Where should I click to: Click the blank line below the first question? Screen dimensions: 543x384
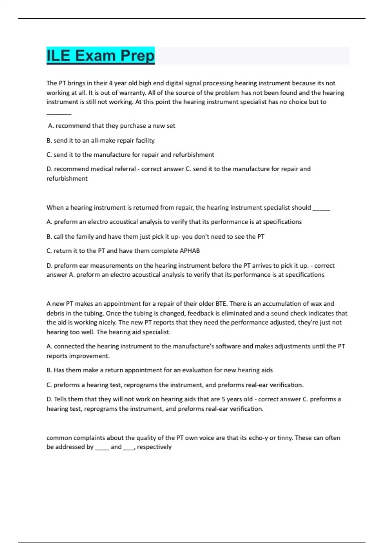pos(59,113)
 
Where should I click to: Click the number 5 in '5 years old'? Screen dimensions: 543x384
pos(223,399)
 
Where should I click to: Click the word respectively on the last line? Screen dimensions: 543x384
pos(154,447)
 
